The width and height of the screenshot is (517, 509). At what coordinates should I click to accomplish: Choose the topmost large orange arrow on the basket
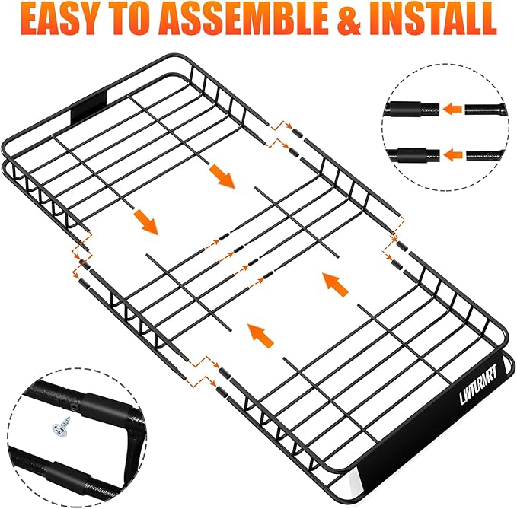coord(222,176)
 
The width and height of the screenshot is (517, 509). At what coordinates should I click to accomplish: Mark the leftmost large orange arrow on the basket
coord(145,221)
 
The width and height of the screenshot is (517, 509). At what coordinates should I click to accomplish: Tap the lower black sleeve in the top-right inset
coord(412,154)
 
